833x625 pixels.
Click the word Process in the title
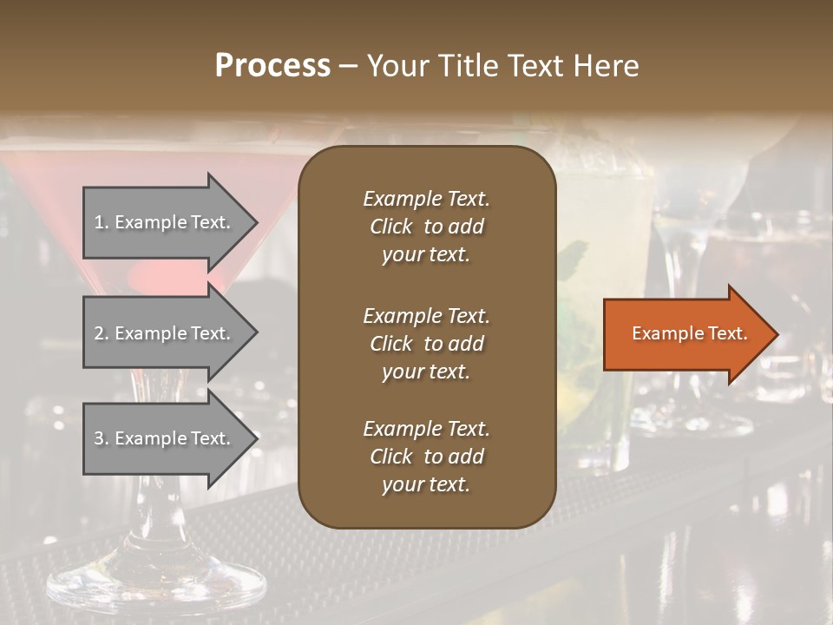tap(272, 66)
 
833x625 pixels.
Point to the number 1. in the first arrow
tap(101, 222)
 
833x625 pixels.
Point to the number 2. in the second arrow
tap(101, 333)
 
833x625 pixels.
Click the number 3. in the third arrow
tap(101, 438)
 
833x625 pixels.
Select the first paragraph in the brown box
tap(426, 227)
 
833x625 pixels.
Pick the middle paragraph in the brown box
tap(426, 344)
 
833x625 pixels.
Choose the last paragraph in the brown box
tap(426, 457)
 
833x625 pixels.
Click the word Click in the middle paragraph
tap(390, 344)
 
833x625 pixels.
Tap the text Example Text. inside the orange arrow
tap(690, 333)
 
